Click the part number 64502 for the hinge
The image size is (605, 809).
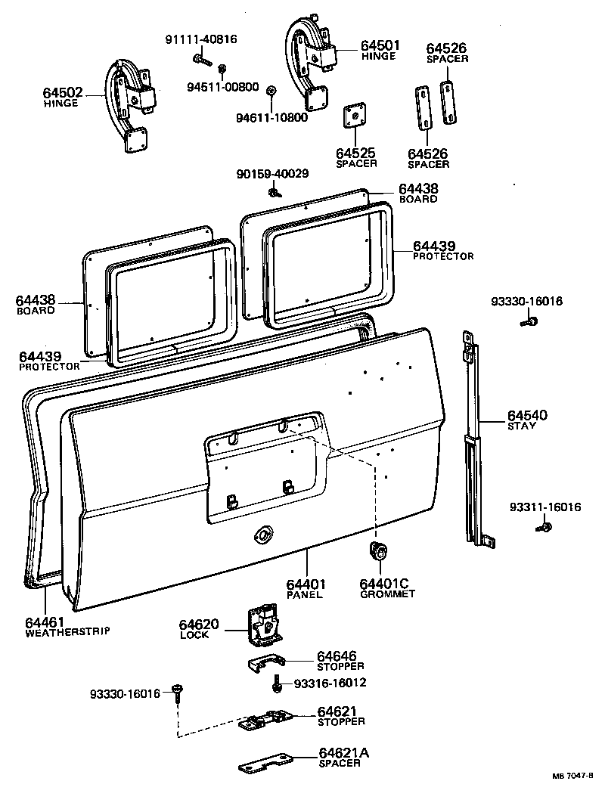[63, 92]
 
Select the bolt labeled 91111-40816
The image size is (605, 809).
[199, 57]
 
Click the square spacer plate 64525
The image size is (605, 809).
[352, 116]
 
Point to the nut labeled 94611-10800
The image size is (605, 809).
[271, 93]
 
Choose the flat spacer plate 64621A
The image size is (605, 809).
[265, 763]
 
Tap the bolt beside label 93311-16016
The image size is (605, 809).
[542, 525]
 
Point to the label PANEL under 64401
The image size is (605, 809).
[305, 595]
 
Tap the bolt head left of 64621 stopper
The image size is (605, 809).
[179, 690]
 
